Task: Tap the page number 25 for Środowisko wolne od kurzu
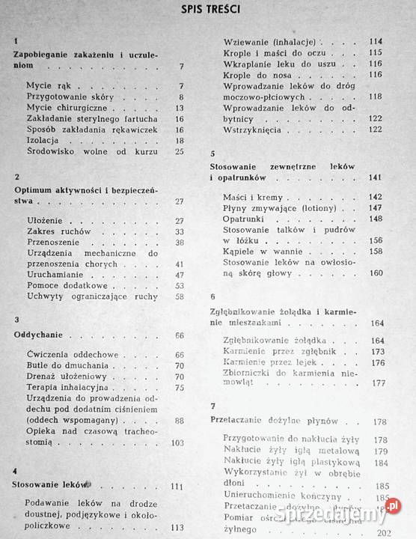tap(179, 151)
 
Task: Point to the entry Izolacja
tap(43, 140)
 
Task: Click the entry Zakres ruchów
tap(55, 231)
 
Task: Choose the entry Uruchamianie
tap(56, 275)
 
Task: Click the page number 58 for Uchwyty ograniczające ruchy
tap(179, 296)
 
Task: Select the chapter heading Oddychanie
tap(39, 335)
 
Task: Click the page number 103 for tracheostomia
tap(177, 442)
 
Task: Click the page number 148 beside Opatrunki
tap(376, 218)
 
